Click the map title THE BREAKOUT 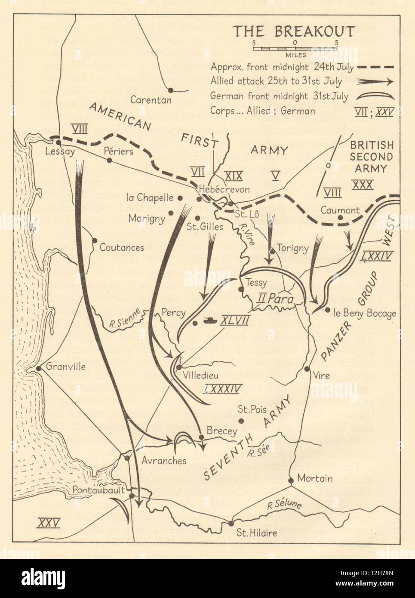click(x=294, y=31)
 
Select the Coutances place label click(x=122, y=248)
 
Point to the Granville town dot click(x=39, y=368)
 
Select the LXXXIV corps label click(x=223, y=388)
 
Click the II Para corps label click(x=273, y=297)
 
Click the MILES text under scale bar click(x=295, y=55)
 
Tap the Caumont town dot click(x=340, y=218)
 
